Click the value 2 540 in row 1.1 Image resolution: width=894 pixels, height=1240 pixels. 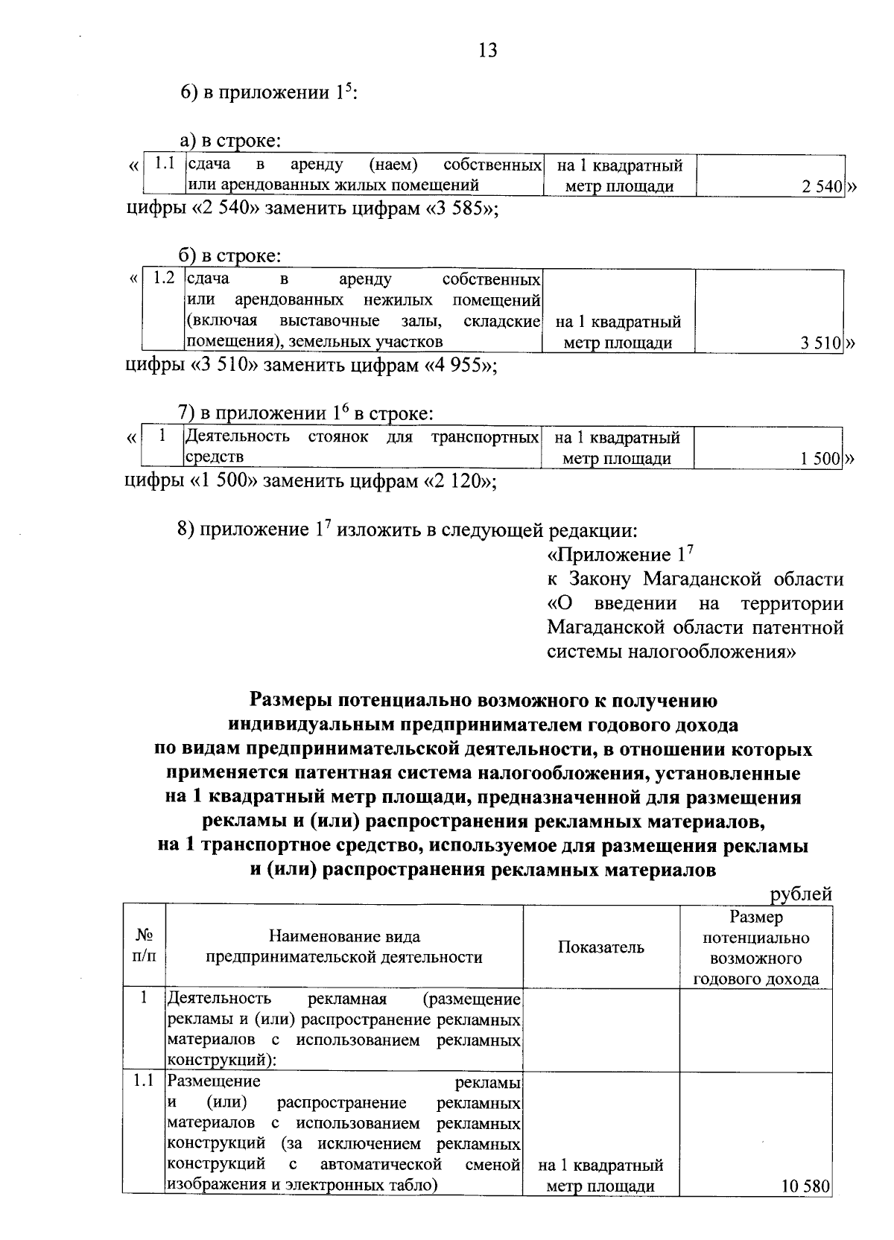pyautogui.click(x=821, y=187)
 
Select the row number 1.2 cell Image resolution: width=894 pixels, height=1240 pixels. pyautogui.click(x=163, y=279)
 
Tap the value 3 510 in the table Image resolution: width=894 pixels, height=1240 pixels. pyautogui.click(x=821, y=343)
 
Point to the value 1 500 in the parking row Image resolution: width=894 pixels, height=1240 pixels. pyautogui.click(x=820, y=459)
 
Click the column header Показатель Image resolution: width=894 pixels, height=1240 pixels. pyautogui.click(x=600, y=947)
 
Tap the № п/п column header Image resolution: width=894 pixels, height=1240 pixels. pyautogui.click(x=145, y=947)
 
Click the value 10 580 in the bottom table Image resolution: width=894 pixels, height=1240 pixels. pyautogui.click(x=805, y=1186)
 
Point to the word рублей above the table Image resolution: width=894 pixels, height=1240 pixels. pyautogui.click(x=801, y=894)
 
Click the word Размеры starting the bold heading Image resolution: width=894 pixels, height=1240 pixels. pyautogui.click(x=291, y=700)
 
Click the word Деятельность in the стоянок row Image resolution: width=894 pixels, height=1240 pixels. pyautogui.click(x=237, y=436)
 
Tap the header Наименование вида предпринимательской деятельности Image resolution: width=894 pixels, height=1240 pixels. pyautogui.click(x=344, y=947)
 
